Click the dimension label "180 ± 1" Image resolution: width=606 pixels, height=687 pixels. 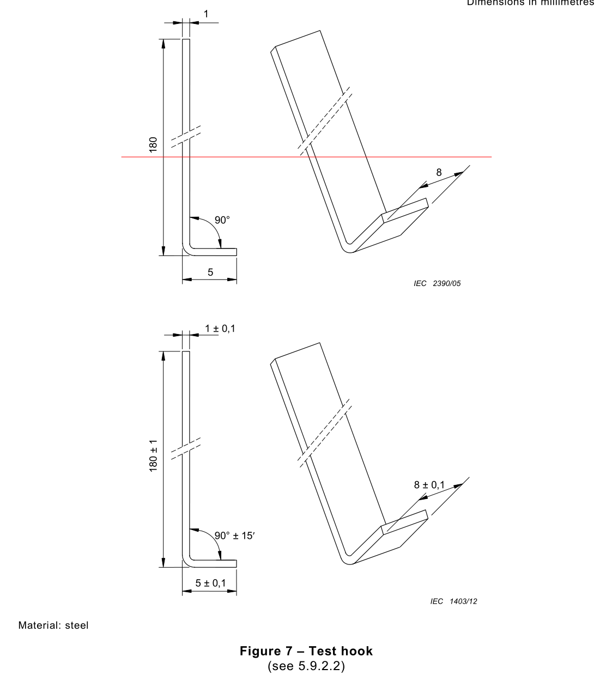tap(153, 455)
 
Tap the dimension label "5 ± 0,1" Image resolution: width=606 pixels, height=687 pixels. tap(210, 583)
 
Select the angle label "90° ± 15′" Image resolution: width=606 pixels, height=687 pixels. tap(234, 536)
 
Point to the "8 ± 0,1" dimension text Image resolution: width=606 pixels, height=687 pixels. tap(429, 484)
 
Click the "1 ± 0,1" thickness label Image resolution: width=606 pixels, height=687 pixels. tap(220, 329)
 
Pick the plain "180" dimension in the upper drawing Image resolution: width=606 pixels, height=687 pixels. tap(153, 144)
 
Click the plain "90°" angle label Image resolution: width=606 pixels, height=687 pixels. tap(222, 220)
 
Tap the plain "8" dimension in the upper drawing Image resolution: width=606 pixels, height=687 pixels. tap(439, 173)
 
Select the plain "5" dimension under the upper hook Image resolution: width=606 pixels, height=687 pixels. tap(210, 272)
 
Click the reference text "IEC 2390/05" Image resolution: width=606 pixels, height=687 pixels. tap(437, 283)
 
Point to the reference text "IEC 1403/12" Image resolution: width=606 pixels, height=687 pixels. tap(453, 601)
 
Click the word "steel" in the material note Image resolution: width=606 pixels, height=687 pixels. tap(77, 625)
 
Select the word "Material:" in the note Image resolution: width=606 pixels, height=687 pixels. tap(40, 625)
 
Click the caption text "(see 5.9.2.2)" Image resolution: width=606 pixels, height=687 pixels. tap(306, 666)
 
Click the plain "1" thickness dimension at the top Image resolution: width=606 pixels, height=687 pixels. tap(206, 14)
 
